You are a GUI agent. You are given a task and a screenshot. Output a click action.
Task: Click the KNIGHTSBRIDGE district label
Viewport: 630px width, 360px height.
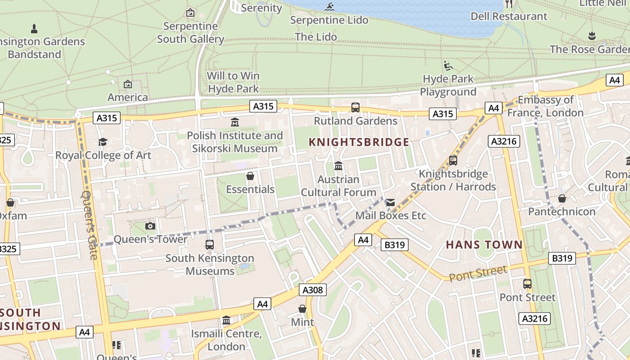point(359,142)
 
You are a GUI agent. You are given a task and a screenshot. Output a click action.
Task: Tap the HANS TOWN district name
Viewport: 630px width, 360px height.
point(484,245)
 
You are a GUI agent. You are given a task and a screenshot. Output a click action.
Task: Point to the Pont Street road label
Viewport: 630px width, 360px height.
point(478,273)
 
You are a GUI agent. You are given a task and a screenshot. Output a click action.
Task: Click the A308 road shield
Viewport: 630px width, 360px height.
point(312,290)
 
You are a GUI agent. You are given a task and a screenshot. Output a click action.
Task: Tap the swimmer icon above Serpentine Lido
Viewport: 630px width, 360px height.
point(329,7)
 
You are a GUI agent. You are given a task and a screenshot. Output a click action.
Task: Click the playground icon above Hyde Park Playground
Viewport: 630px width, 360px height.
point(448,66)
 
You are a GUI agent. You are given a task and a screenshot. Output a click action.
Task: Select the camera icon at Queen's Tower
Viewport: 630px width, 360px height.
point(150,226)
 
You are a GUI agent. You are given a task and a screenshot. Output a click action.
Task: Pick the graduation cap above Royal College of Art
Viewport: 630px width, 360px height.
point(103,142)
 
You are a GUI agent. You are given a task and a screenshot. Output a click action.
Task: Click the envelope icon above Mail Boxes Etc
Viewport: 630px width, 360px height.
point(390,202)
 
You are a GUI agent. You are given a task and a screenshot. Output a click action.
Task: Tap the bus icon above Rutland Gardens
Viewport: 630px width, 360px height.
point(355,108)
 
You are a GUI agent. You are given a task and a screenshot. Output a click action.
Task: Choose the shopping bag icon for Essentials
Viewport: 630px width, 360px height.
point(250,176)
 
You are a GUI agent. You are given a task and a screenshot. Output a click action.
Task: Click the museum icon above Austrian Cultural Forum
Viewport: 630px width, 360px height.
point(338,166)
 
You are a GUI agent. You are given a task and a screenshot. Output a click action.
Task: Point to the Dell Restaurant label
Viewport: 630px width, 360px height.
point(508,16)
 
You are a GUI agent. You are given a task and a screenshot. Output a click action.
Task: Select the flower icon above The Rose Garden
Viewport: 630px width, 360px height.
point(592,36)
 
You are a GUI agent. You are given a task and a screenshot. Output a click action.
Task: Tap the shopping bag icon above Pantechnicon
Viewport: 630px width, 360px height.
point(562,198)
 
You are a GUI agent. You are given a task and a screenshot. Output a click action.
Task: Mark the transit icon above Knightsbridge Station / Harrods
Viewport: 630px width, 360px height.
point(453,160)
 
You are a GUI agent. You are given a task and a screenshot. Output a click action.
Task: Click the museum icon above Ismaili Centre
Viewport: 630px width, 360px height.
point(226,320)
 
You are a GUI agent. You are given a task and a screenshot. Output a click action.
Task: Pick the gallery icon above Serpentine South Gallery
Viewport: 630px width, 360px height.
point(190,13)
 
